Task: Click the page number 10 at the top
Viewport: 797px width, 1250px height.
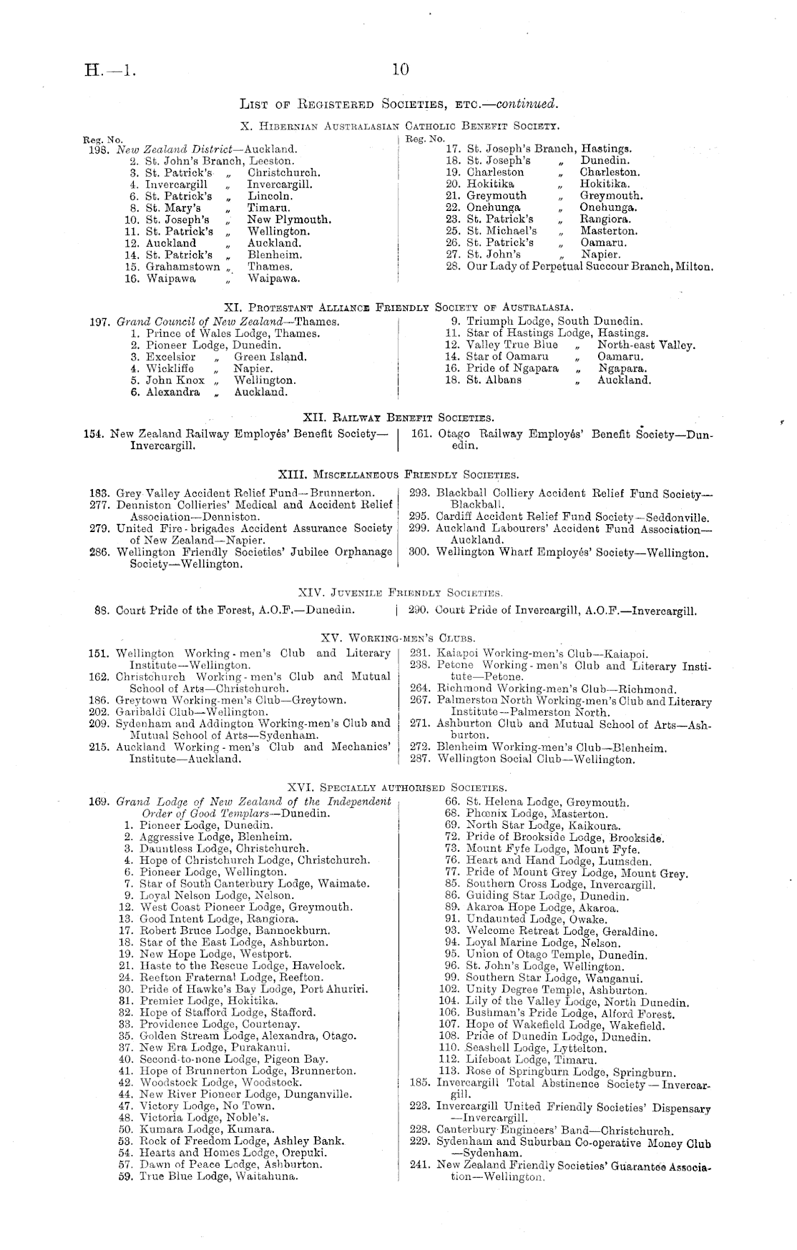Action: click(x=400, y=69)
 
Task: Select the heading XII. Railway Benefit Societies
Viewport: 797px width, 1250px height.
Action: click(x=398, y=417)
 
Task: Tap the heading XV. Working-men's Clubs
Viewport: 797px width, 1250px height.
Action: click(x=398, y=637)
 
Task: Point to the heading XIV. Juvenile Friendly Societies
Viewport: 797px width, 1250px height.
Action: click(x=399, y=592)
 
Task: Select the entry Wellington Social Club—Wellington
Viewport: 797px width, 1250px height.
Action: click(x=536, y=759)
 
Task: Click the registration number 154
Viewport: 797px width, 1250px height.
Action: click(x=97, y=434)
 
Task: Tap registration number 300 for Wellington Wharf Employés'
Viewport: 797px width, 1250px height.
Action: click(x=419, y=552)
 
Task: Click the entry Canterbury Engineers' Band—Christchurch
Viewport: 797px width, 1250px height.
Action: click(x=554, y=1132)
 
